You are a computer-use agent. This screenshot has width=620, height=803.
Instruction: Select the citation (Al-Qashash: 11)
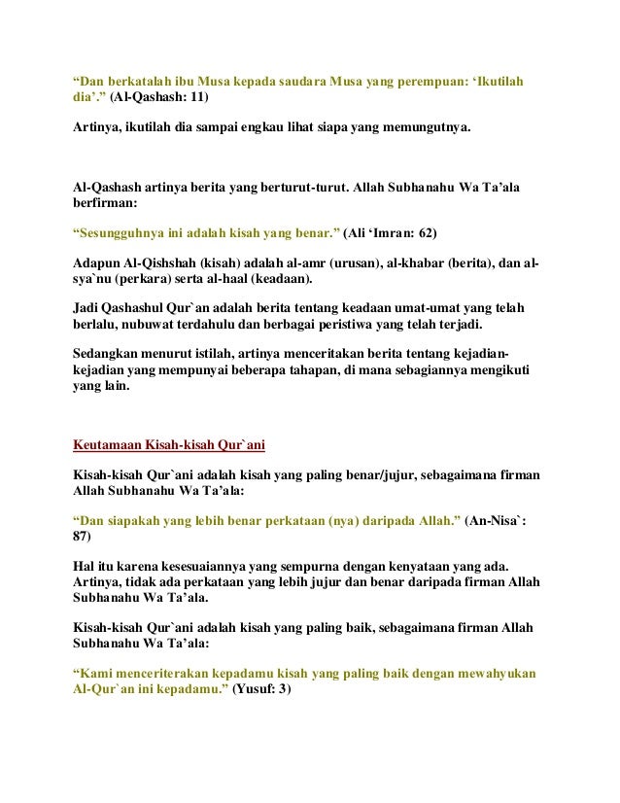pyautogui.click(x=157, y=98)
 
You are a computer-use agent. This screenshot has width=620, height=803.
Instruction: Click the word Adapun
pyautogui.click(x=97, y=262)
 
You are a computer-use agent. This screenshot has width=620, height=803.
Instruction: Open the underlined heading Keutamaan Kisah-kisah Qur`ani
pyautogui.click(x=169, y=447)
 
